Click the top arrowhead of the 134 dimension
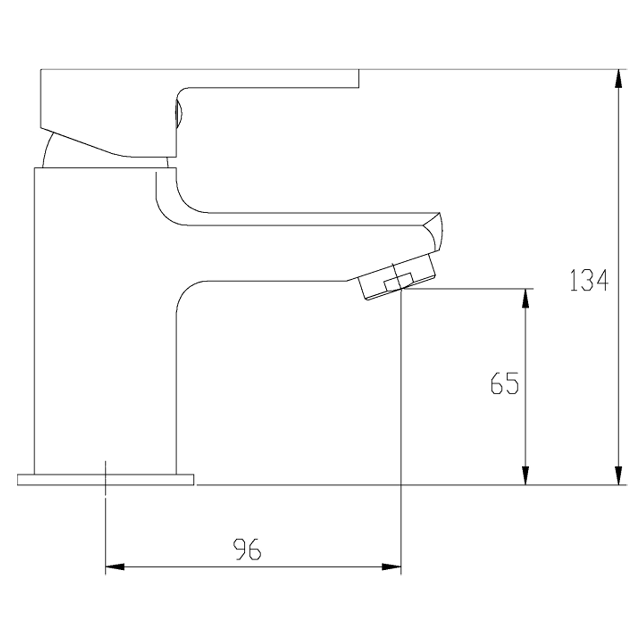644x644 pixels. coord(618,79)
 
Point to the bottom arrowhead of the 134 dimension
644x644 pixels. coord(618,475)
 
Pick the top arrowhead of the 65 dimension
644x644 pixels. coord(525,298)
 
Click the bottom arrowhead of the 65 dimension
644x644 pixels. coord(525,475)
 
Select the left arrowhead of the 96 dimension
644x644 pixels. coord(115,567)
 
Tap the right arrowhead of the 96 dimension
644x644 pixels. coord(391,567)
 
